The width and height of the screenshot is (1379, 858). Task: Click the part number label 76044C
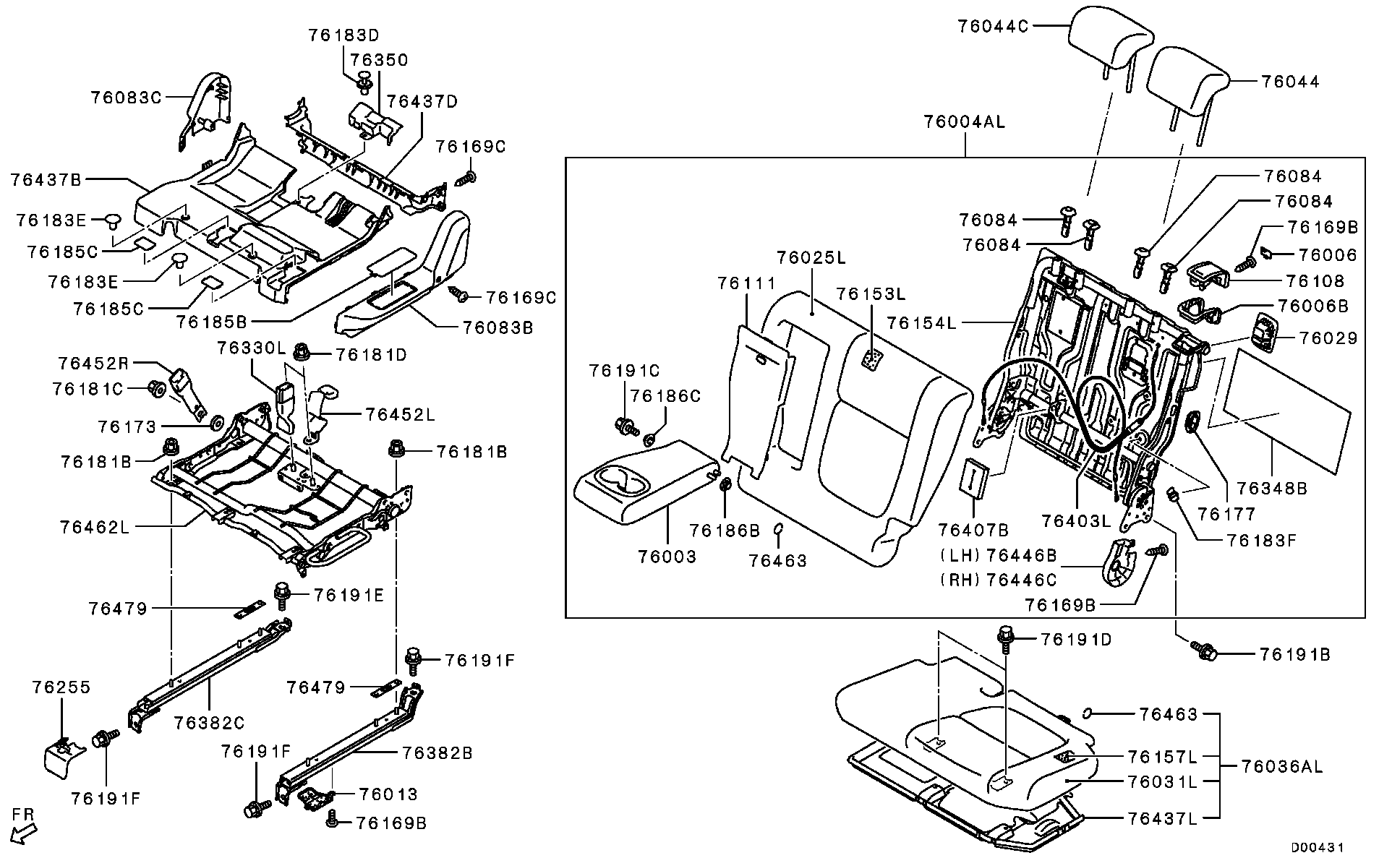993,27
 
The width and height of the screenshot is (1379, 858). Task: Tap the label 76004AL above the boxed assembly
964,121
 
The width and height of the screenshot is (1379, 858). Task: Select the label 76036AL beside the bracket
1281,767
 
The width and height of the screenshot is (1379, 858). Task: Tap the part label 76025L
811,258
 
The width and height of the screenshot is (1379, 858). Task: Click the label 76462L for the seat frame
95,527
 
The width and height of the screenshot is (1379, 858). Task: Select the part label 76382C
210,723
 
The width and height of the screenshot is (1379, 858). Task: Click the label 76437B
46,179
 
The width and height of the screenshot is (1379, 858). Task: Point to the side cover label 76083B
498,327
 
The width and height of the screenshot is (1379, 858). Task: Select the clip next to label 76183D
365,81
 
